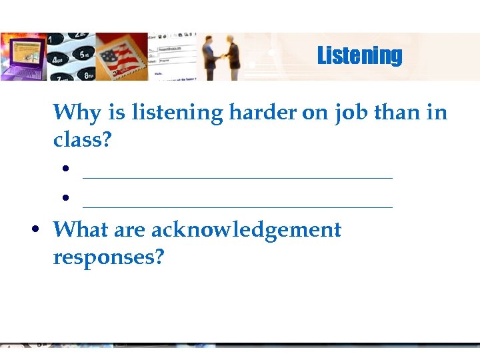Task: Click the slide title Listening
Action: click(359, 55)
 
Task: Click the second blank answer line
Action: click(238, 207)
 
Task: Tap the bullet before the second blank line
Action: click(67, 199)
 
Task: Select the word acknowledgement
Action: click(246, 230)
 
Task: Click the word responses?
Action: click(108, 257)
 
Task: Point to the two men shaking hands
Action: click(221, 57)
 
